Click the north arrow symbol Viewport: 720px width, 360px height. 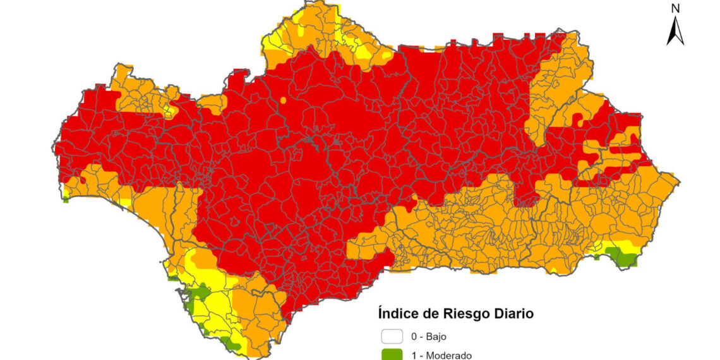coord(675,31)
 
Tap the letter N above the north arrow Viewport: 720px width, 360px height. coord(675,8)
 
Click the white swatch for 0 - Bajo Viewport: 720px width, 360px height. coord(392,337)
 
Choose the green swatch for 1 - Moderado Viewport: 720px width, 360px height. coord(392,355)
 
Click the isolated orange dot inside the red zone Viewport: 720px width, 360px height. coord(283,100)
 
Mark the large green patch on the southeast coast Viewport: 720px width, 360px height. coord(622,257)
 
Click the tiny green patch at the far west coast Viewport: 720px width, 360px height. coord(66,200)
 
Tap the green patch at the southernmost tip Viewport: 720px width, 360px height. coord(232,345)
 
